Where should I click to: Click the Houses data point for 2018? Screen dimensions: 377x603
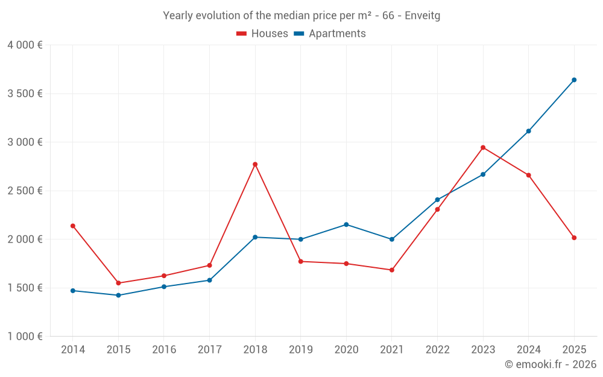tap(255, 164)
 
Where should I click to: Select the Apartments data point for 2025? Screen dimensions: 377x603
tap(574, 80)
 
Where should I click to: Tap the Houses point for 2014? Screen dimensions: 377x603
tap(73, 226)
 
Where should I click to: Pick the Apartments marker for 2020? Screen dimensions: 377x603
tap(346, 224)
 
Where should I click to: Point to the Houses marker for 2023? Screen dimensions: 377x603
tap(483, 147)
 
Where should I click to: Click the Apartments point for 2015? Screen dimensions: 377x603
tap(118, 295)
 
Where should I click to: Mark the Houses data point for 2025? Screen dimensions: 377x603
tap(574, 238)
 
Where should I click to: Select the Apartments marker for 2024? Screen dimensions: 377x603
tap(528, 131)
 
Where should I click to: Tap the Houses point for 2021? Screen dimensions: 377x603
tap(392, 270)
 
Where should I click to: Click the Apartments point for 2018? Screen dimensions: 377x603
tap(255, 237)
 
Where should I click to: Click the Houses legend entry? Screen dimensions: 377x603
tap(262, 34)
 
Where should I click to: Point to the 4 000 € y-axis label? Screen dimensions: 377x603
tap(25, 45)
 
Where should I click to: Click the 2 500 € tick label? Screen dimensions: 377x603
tap(25, 191)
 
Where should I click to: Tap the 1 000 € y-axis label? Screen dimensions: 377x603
tap(25, 337)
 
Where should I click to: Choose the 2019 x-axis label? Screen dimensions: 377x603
tap(300, 350)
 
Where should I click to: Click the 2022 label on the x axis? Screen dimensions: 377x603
tap(437, 350)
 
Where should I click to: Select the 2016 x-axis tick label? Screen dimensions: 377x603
tap(164, 350)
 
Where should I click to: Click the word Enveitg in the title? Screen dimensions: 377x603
tap(422, 16)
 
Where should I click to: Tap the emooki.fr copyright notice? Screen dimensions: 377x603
tap(550, 364)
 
